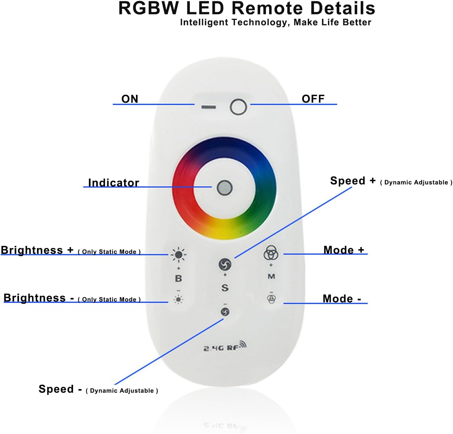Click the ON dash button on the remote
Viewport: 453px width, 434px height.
(x=209, y=107)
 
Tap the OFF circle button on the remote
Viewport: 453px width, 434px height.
(x=238, y=107)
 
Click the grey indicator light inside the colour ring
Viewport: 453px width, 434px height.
(x=225, y=188)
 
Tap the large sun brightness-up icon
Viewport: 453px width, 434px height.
(x=179, y=255)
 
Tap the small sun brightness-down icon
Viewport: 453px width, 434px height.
(x=179, y=299)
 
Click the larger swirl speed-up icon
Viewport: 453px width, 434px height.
(x=225, y=264)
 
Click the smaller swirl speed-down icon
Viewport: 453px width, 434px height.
(x=225, y=312)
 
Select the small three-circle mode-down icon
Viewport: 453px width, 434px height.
(x=271, y=299)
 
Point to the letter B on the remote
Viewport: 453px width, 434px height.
(x=179, y=279)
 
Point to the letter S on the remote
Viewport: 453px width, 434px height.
(x=225, y=288)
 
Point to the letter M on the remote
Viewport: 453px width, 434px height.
(x=271, y=276)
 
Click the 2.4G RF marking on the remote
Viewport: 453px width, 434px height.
(x=225, y=347)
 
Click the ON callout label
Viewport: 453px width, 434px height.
(x=130, y=99)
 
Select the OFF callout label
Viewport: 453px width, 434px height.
(x=313, y=99)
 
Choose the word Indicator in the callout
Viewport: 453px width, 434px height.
(x=113, y=183)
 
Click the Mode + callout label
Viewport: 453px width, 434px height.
(x=344, y=250)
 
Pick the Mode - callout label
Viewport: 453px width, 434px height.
(x=342, y=299)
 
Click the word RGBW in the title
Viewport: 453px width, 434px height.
(x=149, y=8)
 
